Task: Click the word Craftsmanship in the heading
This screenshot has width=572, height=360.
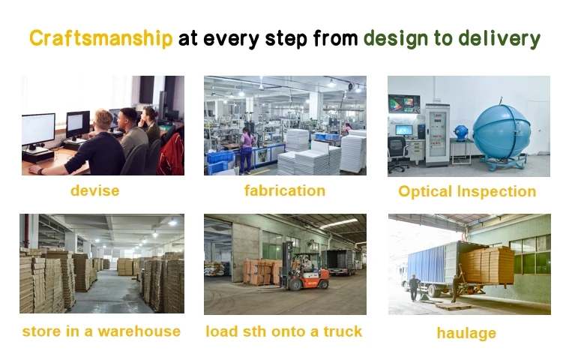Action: (x=100, y=38)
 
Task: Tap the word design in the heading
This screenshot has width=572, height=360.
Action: (x=396, y=39)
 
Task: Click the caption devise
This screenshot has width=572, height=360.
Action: (x=95, y=190)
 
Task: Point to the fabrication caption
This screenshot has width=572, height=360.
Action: (x=285, y=190)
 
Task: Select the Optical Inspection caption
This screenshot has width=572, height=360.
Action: (x=467, y=192)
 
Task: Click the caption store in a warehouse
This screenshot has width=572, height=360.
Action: (x=101, y=331)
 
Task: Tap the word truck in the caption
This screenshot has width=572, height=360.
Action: (x=343, y=331)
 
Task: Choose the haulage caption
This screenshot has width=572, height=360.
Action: (x=466, y=333)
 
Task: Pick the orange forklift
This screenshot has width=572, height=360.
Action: (x=304, y=270)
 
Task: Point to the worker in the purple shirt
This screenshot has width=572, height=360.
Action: (x=246, y=151)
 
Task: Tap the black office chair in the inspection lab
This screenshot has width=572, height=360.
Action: (x=397, y=153)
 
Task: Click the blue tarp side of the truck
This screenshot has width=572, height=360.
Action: (x=426, y=263)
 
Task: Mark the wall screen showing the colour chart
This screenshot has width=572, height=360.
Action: (x=404, y=104)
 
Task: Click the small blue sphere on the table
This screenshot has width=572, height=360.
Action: (x=460, y=133)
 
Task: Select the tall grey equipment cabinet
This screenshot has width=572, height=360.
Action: (x=437, y=134)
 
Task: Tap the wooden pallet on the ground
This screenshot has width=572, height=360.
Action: (x=454, y=305)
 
